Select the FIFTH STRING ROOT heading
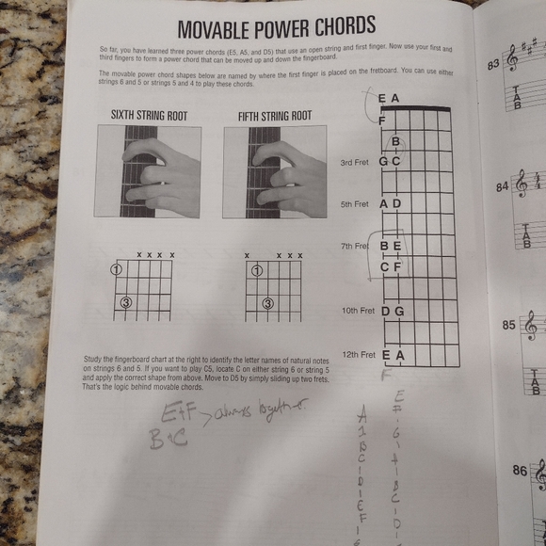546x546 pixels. tap(274, 116)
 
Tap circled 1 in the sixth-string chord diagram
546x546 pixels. tap(117, 269)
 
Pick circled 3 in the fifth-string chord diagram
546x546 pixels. tap(268, 303)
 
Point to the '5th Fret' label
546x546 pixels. tap(356, 204)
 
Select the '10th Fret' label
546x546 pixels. tap(357, 311)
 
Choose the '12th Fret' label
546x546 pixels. tap(358, 356)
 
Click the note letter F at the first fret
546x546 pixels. tap(382, 120)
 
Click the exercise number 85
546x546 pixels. tap(508, 326)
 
